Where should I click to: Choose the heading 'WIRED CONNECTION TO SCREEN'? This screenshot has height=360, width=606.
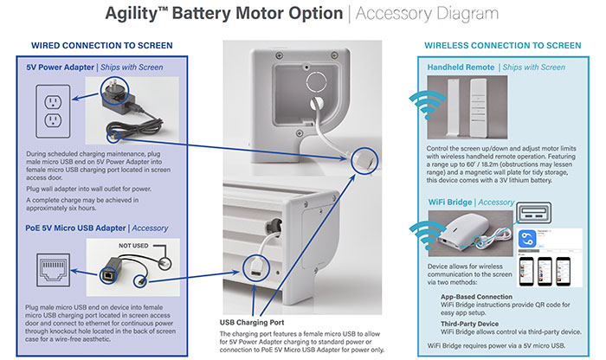point(101,45)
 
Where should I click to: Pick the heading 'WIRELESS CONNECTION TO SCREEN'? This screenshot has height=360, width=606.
point(502,45)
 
